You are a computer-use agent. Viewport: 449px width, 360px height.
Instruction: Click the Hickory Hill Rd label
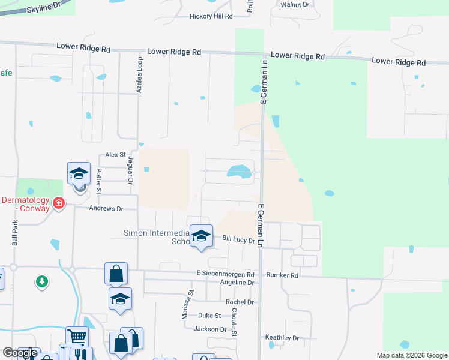(202, 16)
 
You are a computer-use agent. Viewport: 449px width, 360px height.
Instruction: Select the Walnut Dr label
(294, 4)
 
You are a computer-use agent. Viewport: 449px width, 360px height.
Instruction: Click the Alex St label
(115, 154)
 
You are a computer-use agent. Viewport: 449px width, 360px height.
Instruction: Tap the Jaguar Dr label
(130, 170)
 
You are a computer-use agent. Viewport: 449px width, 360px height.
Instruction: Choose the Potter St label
(100, 181)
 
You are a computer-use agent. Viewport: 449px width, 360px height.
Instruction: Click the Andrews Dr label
(106, 209)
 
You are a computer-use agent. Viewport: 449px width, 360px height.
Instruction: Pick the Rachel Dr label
(240, 302)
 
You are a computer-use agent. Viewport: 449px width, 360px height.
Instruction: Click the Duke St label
(209, 315)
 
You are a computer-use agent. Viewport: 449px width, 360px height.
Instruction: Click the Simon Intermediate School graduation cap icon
(201, 235)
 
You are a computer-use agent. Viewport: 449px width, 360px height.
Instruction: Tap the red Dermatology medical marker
(59, 203)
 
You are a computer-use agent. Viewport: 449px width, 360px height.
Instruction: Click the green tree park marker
(41, 281)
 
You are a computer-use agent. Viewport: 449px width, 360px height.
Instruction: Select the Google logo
(20, 353)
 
